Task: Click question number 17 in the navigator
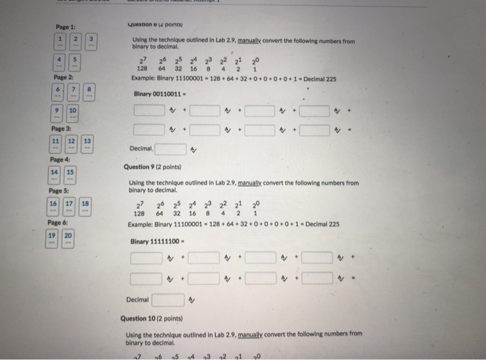(69, 205)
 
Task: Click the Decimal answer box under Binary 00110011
(170, 148)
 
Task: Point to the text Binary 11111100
(156, 241)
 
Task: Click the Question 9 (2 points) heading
(152, 167)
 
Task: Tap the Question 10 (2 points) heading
(151, 319)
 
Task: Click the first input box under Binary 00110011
(149, 110)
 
